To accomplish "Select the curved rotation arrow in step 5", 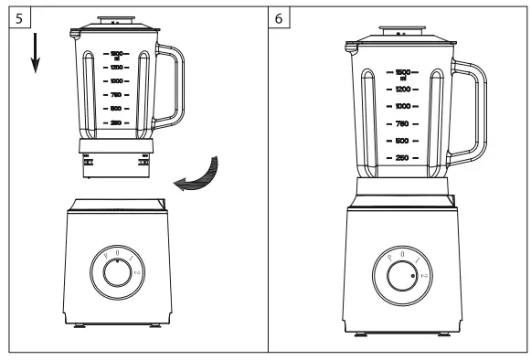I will (199, 175).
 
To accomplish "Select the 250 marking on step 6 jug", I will (401, 158).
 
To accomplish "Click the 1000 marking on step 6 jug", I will (401, 107).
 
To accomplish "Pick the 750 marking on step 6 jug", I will (401, 124).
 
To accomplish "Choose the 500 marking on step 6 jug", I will (401, 141).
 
